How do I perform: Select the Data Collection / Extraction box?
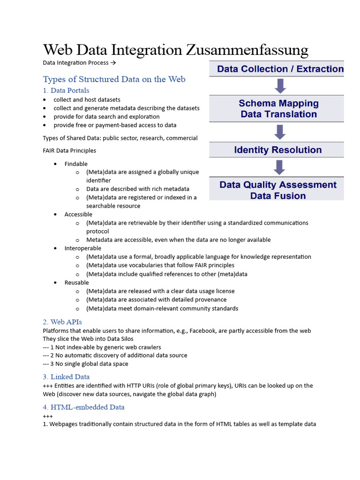(277, 69)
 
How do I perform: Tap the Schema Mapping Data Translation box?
(277, 109)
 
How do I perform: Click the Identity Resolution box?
(277, 150)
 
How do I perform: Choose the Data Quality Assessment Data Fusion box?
(277, 190)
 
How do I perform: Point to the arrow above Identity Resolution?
(280, 132)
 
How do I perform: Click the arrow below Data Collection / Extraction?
(280, 86)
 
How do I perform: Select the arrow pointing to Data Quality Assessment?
(280, 167)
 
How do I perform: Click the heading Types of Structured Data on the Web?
(114, 79)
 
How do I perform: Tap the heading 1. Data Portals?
(66, 90)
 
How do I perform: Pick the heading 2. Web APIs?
(62, 322)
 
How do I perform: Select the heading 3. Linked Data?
(66, 377)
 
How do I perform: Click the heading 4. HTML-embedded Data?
(83, 407)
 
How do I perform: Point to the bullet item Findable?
(76, 164)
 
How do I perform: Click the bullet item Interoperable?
(82, 248)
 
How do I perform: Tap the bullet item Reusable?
(76, 283)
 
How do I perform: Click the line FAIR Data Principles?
(69, 150)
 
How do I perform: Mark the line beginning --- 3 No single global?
(85, 364)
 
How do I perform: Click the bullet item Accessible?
(78, 214)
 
